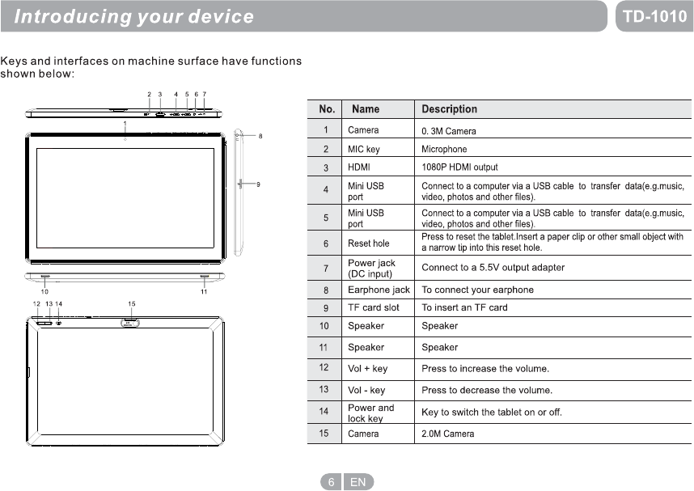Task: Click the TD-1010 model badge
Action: (x=654, y=16)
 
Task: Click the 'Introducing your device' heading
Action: (x=134, y=16)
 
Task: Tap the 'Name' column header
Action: (x=366, y=109)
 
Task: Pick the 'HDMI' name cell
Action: (x=360, y=167)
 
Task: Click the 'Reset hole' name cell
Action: (x=368, y=243)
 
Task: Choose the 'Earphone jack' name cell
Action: (x=379, y=290)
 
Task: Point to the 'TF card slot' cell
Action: (x=373, y=307)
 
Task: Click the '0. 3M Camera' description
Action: (x=449, y=131)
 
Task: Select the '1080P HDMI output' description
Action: (x=459, y=167)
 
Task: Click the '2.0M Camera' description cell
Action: (x=448, y=434)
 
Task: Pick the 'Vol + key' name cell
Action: (x=367, y=369)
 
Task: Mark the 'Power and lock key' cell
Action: (x=370, y=413)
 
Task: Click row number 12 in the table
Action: (x=324, y=367)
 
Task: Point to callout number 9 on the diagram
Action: (x=258, y=185)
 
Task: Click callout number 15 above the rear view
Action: (x=131, y=303)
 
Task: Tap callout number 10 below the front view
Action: (x=44, y=291)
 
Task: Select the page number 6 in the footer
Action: (x=331, y=482)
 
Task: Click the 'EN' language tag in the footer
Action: (x=358, y=482)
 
